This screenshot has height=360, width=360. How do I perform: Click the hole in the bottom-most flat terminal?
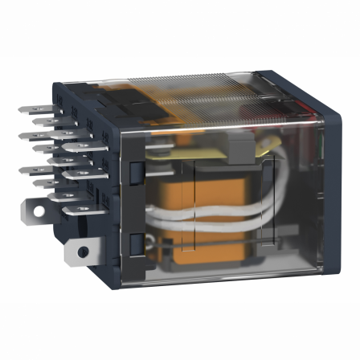[x=84, y=252]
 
